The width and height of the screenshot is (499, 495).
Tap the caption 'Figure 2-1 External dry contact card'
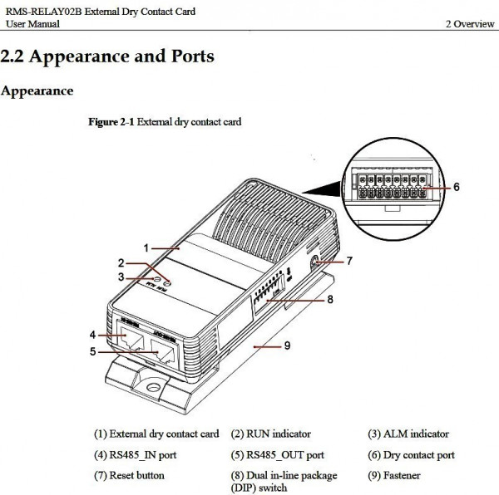(166, 121)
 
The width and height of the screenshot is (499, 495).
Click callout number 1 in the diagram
(146, 247)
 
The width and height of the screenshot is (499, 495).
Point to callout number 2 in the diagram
(121, 262)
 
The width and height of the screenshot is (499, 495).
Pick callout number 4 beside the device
(93, 334)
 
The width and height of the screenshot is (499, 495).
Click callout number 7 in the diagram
(349, 260)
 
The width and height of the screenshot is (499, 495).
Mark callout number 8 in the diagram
(330, 300)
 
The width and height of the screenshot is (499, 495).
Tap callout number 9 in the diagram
(287, 345)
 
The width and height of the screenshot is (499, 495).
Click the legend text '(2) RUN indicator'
(271, 434)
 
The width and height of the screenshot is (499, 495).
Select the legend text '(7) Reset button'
(129, 475)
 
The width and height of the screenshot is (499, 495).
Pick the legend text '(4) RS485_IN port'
(135, 455)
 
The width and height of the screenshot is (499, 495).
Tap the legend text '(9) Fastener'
(395, 475)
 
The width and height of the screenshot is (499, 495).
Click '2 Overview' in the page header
(470, 24)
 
